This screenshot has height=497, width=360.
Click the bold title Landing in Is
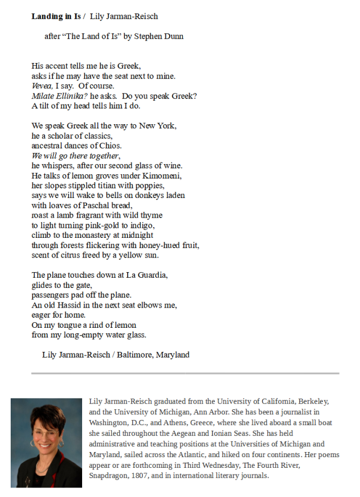coord(56,16)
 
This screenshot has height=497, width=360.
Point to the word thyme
coord(152,215)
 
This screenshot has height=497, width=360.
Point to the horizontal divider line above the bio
coord(185,373)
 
